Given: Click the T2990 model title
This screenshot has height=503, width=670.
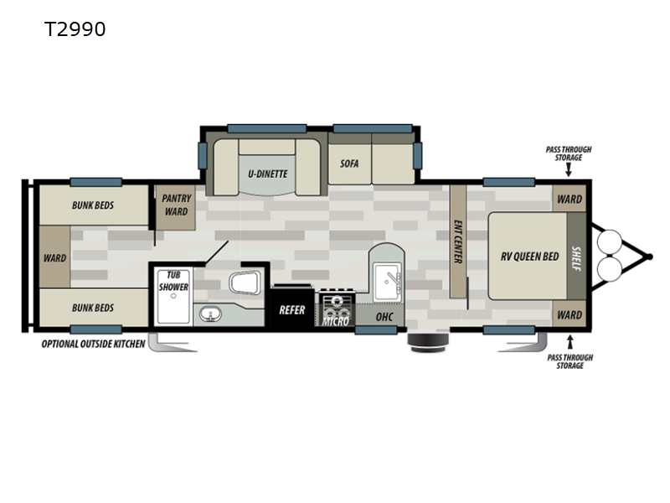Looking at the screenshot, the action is (75, 29).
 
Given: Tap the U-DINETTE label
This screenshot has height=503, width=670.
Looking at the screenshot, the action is (268, 174).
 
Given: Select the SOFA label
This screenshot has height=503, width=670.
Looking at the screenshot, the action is (349, 163).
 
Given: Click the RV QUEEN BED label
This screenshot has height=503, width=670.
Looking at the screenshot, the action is (530, 257).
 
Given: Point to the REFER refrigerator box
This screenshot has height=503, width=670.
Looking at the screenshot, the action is (292, 306).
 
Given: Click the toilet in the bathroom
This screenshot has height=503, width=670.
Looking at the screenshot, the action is (245, 283).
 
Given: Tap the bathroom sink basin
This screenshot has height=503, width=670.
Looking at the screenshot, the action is (210, 314).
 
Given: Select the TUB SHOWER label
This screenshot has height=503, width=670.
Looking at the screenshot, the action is (173, 281).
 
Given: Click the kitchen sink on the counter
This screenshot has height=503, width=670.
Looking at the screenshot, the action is (387, 282).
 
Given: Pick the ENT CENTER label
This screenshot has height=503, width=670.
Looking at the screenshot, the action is (457, 241).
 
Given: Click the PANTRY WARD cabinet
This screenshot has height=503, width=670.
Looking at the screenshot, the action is (176, 207).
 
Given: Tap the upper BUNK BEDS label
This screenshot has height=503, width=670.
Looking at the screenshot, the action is (93, 205).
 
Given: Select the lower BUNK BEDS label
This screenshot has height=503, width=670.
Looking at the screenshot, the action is (93, 308).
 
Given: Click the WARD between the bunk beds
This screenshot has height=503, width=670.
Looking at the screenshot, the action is (54, 257).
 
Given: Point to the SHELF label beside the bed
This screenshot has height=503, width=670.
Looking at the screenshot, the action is (576, 259).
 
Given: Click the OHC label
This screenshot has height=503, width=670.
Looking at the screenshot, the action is (384, 317).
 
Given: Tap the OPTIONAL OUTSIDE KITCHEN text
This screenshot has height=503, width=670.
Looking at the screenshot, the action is (93, 344).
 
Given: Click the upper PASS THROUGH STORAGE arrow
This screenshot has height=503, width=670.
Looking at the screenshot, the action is (569, 171).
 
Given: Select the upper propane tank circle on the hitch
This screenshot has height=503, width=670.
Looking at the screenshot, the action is (610, 242).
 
